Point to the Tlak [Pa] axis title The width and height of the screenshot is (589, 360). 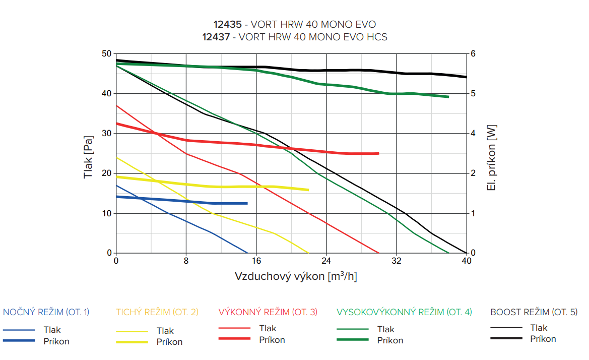click(x=89, y=157)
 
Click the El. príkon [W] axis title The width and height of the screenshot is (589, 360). click(x=492, y=158)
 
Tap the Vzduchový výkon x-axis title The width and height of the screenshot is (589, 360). click(x=296, y=277)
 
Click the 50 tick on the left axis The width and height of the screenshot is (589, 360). click(x=106, y=53)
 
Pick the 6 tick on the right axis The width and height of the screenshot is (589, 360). click(x=473, y=53)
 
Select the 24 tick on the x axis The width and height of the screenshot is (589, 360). click(x=326, y=261)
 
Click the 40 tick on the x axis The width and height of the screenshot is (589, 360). click(x=467, y=261)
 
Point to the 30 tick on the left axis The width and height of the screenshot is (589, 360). click(x=106, y=134)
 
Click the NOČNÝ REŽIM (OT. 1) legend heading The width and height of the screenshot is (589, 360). click(x=46, y=312)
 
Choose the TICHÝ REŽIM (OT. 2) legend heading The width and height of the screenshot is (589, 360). click(x=157, y=312)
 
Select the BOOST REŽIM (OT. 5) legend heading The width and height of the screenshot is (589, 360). click(x=534, y=312)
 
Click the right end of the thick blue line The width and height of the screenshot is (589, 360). click(x=247, y=203)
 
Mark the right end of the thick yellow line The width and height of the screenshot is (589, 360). click(x=308, y=190)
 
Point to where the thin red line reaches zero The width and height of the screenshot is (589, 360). click(x=378, y=253)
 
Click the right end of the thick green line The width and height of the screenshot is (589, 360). click(x=448, y=97)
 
